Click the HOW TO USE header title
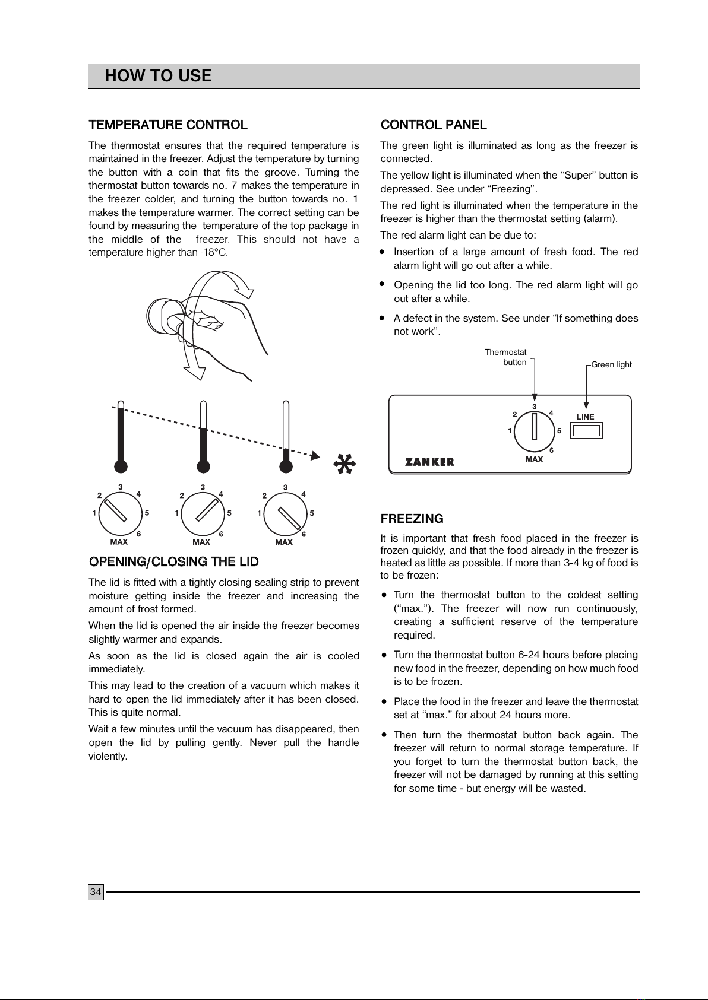tap(158, 76)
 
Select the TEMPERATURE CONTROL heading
tap(168, 125)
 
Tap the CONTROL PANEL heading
tap(434, 125)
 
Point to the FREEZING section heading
tap(412, 519)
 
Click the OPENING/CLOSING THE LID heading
tap(173, 561)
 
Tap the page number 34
tap(96, 891)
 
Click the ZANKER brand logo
tap(429, 462)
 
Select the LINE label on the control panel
tap(585, 417)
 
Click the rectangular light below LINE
tap(586, 430)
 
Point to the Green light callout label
tap(611, 364)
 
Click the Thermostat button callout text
tap(507, 357)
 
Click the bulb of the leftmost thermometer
tap(121, 465)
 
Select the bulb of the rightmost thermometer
tap(286, 465)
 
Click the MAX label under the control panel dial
tap(535, 459)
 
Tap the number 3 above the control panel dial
tap(535, 407)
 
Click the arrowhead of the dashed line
tap(315, 456)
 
